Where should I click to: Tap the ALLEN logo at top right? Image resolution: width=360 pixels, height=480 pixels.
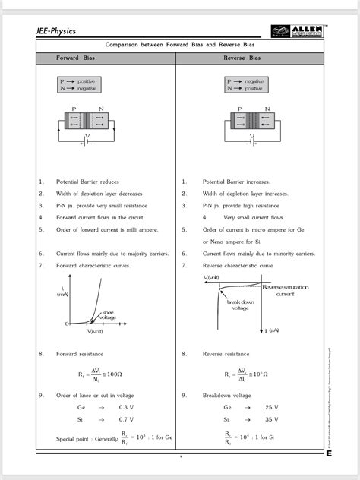(297, 31)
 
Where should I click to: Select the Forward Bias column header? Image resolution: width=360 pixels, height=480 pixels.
(73, 58)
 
